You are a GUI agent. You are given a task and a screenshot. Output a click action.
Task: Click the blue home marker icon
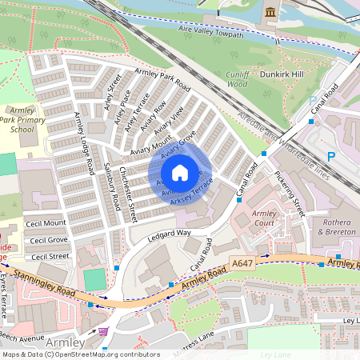pos(180,173)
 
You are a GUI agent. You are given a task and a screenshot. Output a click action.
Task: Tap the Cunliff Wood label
pos(238,78)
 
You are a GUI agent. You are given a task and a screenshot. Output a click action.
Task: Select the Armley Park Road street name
pos(162,80)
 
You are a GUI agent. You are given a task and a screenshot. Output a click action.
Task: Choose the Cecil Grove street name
pos(48,239)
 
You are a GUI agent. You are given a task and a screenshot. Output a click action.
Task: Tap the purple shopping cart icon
pos(103,330)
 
